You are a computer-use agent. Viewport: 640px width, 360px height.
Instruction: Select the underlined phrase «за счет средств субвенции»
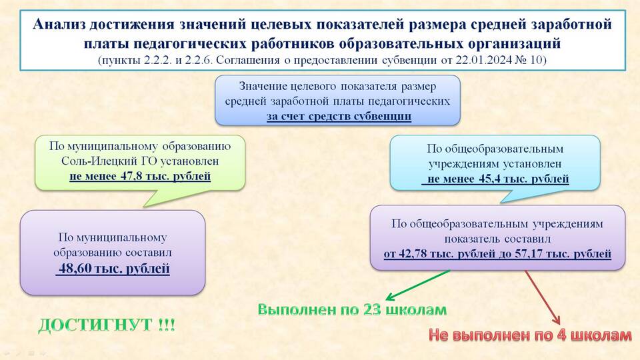point(339,116)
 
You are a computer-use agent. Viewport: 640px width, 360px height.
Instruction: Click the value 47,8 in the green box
point(129,176)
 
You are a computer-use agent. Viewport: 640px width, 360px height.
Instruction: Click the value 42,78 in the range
point(411,254)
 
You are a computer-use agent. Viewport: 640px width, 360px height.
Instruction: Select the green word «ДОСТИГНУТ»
point(95,325)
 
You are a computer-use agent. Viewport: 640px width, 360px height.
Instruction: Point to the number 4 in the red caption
point(561,335)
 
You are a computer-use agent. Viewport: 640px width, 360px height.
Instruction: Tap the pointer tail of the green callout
point(145,207)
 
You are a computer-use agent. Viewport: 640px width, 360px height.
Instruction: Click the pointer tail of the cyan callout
point(501,202)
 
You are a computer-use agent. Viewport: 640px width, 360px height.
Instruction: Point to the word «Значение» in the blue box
point(263,87)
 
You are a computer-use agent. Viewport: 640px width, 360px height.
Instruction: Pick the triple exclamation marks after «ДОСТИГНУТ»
point(166,325)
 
